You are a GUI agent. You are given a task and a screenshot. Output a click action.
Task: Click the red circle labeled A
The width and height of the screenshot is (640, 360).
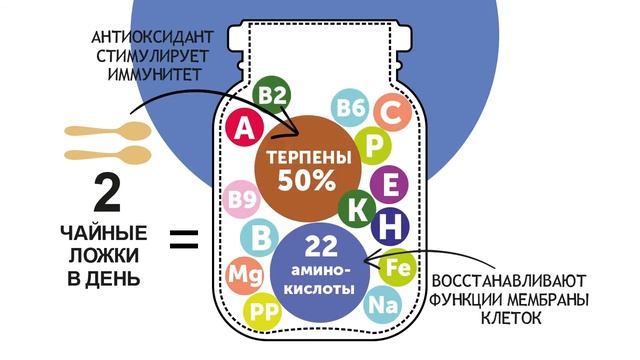[241, 126]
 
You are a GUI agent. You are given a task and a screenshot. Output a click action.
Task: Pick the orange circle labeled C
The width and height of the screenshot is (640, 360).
[392, 112]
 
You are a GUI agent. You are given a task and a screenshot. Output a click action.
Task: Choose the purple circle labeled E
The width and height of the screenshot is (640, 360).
[390, 185]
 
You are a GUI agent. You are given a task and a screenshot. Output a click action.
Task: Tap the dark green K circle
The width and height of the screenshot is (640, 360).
[357, 208]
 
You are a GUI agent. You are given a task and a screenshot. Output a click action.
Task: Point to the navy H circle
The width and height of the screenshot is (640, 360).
[390, 225]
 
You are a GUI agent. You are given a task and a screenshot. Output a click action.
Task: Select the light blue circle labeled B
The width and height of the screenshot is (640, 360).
[260, 238]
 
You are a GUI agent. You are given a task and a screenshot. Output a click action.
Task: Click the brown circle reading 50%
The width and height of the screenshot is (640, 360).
[307, 169]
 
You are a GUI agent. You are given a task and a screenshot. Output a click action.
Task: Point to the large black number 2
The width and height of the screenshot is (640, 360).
[105, 193]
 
